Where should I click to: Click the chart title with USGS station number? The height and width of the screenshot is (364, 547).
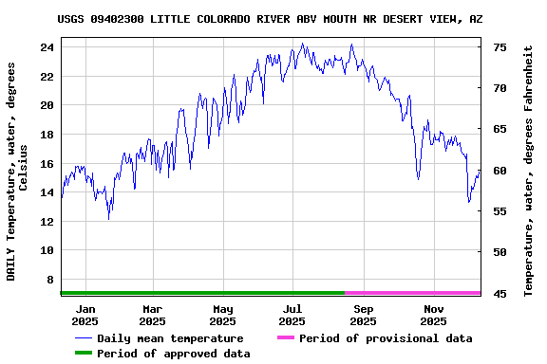[x=282, y=19]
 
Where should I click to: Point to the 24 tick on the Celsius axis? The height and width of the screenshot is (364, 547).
[x=47, y=46]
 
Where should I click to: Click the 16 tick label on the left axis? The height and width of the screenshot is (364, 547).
[x=47, y=163]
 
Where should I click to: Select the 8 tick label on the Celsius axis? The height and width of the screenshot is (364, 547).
[x=50, y=280]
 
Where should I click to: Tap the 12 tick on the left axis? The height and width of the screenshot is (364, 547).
[x=47, y=222]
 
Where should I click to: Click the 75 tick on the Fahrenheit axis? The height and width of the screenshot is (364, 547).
[x=500, y=46]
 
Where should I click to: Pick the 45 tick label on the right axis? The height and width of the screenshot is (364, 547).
[x=500, y=294]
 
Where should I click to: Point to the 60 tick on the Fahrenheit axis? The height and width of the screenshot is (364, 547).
[x=500, y=171]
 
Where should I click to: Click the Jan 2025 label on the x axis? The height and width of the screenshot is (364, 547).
[x=85, y=315]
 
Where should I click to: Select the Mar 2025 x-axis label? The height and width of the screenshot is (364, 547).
[x=153, y=315]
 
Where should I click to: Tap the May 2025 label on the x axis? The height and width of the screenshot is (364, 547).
[x=223, y=315]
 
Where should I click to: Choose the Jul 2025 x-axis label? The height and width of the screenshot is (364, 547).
[x=292, y=315]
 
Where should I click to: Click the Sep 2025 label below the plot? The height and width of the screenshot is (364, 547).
[x=363, y=315]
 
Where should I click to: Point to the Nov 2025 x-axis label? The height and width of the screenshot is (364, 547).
[x=433, y=315]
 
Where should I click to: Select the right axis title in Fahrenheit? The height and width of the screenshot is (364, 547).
[x=529, y=171]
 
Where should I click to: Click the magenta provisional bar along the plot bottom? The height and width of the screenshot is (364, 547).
[x=412, y=294]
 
